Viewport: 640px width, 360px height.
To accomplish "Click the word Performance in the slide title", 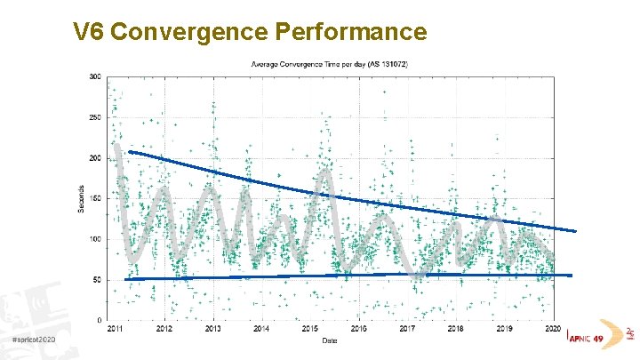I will pyautogui.click(x=352, y=33).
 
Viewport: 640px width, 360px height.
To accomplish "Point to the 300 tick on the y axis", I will pyautogui.click(x=94, y=76).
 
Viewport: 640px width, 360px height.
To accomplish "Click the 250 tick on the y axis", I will pyautogui.click(x=94, y=117).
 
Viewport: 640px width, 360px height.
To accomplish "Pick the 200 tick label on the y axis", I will pyautogui.click(x=94, y=158).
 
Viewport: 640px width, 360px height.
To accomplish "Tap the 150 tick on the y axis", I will pyautogui.click(x=94, y=198).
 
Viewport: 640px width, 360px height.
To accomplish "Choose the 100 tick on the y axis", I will pyautogui.click(x=94, y=239).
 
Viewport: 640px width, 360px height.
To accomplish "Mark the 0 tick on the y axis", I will pyautogui.click(x=98, y=320).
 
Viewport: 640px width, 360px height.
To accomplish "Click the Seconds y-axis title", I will pyautogui.click(x=82, y=198).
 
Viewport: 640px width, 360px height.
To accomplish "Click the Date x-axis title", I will pyautogui.click(x=330, y=340).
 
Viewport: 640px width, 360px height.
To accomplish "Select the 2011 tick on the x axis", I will pyautogui.click(x=116, y=329).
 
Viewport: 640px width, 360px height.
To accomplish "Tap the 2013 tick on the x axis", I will pyautogui.click(x=212, y=329).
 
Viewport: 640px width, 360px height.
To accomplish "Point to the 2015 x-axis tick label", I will pyautogui.click(x=309, y=329).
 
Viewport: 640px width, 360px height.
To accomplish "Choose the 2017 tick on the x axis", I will pyautogui.click(x=407, y=329).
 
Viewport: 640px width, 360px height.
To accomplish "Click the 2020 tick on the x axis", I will pyautogui.click(x=553, y=329).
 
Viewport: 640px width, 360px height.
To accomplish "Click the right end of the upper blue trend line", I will pyautogui.click(x=574, y=231).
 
